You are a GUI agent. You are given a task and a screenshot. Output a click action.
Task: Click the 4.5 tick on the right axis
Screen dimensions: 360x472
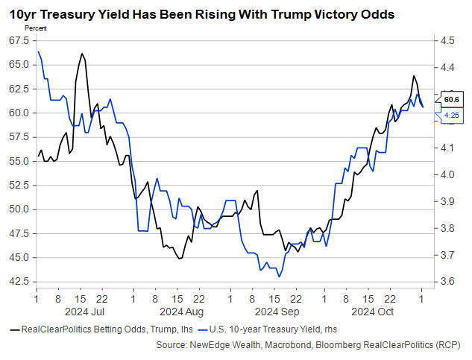(447, 40)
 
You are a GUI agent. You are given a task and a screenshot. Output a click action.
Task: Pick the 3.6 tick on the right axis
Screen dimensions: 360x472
(447, 282)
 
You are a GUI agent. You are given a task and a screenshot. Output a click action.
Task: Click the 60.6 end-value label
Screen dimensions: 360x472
(451, 98)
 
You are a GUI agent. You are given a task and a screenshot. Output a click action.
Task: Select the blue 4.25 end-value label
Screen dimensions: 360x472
(451, 116)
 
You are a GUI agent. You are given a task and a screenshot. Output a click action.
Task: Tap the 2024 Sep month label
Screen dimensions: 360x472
(277, 311)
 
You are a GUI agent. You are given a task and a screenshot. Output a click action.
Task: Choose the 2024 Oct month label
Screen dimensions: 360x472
(372, 311)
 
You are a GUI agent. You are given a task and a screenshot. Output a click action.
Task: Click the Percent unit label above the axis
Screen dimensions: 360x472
(36, 28)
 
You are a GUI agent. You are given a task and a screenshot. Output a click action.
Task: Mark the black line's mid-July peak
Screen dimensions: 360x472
(81, 54)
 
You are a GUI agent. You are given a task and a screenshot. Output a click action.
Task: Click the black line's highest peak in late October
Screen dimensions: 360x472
(413, 76)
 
